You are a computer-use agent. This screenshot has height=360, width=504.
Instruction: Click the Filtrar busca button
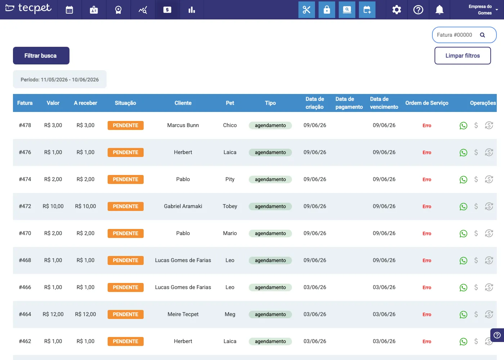pyautogui.click(x=41, y=55)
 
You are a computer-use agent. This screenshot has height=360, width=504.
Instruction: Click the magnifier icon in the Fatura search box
pyautogui.click(x=482, y=35)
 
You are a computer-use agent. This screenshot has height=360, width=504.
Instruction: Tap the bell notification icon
pyautogui.click(x=440, y=10)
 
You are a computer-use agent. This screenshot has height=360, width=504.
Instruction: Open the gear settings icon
pyautogui.click(x=396, y=10)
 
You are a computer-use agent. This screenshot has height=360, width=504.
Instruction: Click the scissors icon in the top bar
pyautogui.click(x=307, y=10)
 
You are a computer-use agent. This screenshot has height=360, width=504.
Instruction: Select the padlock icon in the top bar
pyautogui.click(x=327, y=10)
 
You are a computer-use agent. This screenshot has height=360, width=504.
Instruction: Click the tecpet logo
pyautogui.click(x=28, y=8)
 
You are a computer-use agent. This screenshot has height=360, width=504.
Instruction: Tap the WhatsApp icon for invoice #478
pyautogui.click(x=463, y=125)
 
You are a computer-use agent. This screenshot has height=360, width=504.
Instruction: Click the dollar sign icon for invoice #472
pyautogui.click(x=476, y=206)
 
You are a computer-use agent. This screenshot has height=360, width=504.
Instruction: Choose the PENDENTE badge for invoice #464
pyautogui.click(x=126, y=314)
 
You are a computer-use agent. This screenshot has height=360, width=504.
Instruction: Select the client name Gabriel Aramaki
pyautogui.click(x=183, y=206)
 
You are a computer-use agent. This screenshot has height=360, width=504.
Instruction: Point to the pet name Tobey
pyautogui.click(x=230, y=206)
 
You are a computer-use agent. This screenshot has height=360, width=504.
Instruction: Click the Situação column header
pyautogui.click(x=125, y=103)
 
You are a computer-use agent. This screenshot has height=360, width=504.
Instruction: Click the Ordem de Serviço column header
pyautogui.click(x=427, y=103)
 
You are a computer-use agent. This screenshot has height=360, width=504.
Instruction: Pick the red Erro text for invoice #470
pyautogui.click(x=427, y=233)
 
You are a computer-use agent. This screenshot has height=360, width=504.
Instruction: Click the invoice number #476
pyautogui.click(x=25, y=152)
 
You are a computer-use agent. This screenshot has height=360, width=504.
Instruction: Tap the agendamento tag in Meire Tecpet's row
pyautogui.click(x=270, y=314)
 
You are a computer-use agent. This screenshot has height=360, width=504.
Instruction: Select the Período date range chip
pyautogui.click(x=60, y=80)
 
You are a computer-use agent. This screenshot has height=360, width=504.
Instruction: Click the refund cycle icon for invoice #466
pyautogui.click(x=489, y=287)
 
